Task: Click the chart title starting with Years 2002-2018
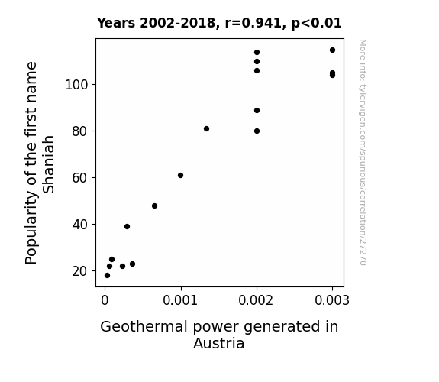(219, 23)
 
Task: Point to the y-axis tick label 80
(80, 131)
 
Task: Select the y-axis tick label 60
(80, 178)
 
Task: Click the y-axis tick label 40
(80, 224)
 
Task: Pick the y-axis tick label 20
(80, 271)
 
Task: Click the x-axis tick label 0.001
(180, 300)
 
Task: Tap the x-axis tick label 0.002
(256, 300)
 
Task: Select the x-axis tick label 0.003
(332, 300)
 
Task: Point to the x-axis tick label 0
(105, 300)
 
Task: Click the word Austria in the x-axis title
(219, 343)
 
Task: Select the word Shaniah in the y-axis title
(48, 164)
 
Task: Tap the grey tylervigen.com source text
(363, 152)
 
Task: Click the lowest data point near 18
(107, 276)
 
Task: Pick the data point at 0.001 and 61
(181, 176)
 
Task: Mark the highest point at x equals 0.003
(332, 50)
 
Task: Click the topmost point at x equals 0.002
(257, 53)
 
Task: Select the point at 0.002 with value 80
(257, 131)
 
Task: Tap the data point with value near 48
(154, 206)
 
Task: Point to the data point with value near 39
(127, 226)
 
